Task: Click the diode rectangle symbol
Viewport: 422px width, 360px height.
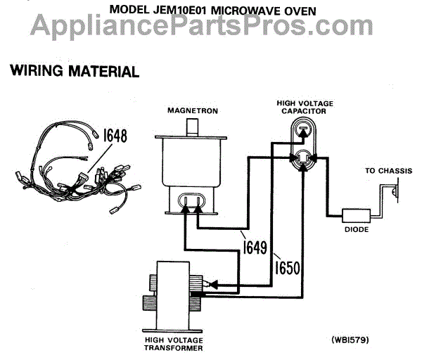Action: tap(356, 216)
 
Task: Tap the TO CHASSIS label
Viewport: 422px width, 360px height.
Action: tap(385, 171)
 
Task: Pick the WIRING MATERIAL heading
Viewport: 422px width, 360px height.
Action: tap(72, 72)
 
